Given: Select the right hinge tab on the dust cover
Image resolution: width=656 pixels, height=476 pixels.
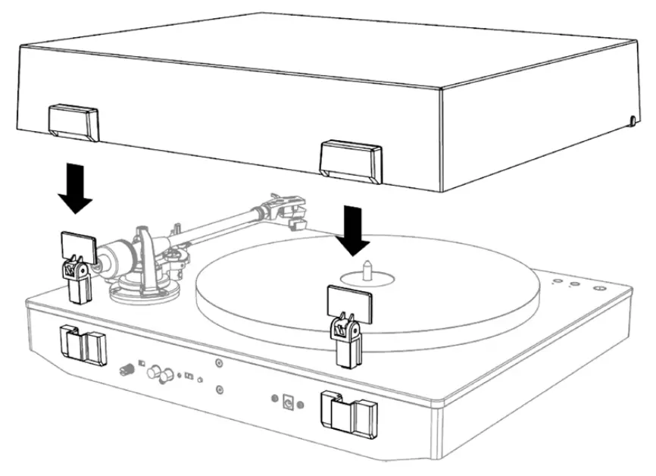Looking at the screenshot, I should [351, 159].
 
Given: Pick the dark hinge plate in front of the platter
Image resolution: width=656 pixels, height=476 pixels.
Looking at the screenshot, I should [346, 301].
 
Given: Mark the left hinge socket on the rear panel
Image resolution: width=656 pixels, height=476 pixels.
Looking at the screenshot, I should [82, 344].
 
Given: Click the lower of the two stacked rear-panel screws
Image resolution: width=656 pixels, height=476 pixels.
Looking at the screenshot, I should [218, 390].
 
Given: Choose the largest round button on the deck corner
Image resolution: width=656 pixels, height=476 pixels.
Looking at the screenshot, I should [598, 288].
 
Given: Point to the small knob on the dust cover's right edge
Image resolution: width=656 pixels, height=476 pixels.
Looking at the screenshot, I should [633, 120].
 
